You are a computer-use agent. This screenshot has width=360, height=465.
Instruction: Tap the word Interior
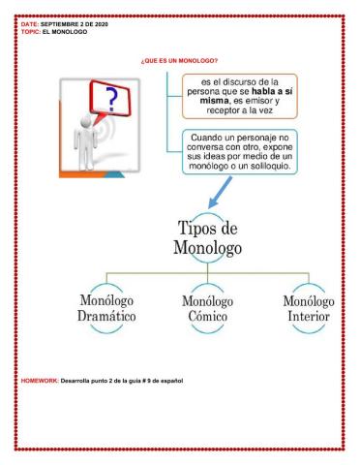308,317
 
